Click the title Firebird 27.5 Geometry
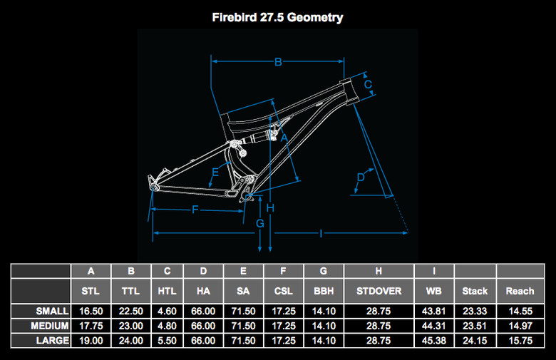point(277,17)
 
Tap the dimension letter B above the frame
point(279,62)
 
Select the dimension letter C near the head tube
point(368,84)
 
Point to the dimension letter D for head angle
point(360,177)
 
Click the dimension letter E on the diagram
point(215,171)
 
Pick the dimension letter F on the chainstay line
point(195,209)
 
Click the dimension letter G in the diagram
point(260,224)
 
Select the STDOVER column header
point(379,291)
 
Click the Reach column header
point(520,291)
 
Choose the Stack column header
point(475,291)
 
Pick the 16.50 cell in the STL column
point(91,311)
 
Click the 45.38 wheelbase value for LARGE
point(433,341)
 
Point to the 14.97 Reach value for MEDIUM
point(520,326)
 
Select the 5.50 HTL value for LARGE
point(167,341)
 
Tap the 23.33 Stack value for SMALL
point(475,311)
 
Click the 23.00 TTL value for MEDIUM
point(130,326)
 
